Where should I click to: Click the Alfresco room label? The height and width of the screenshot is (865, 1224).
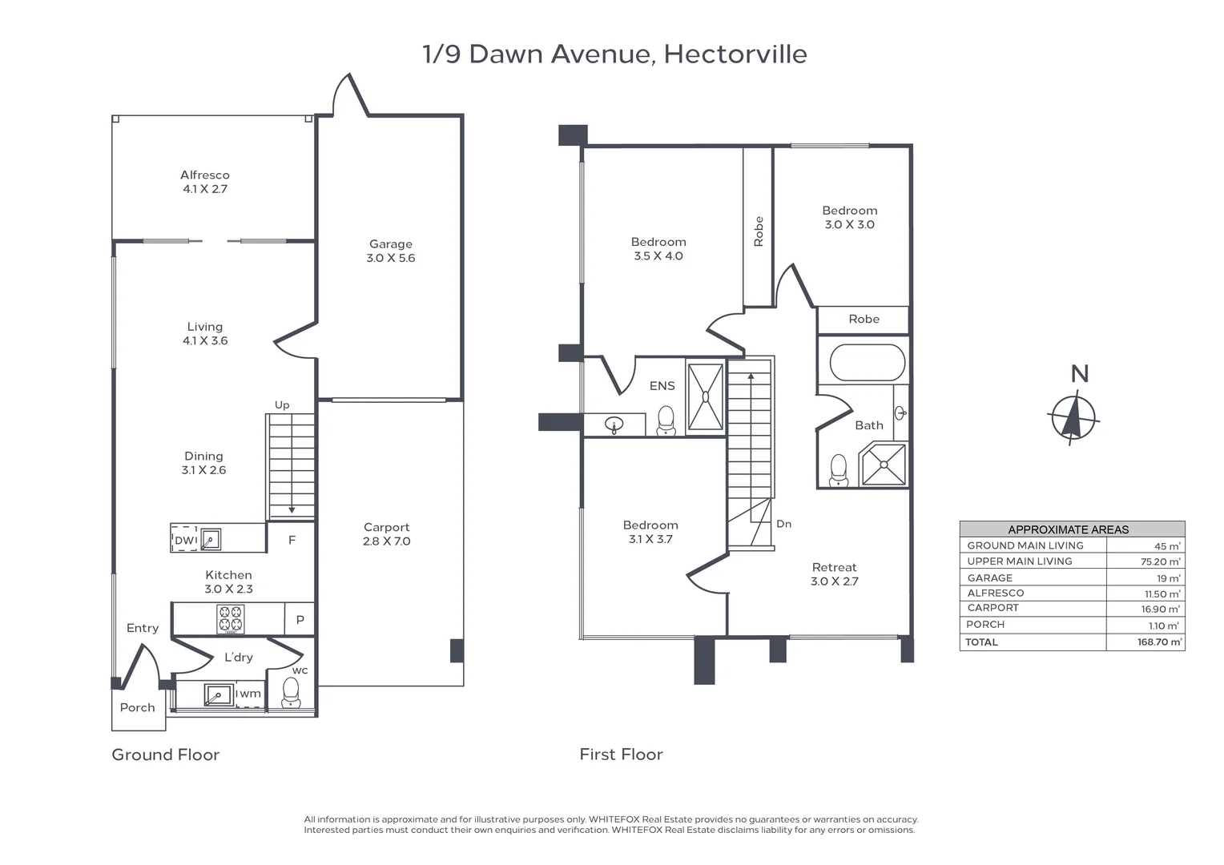coord(205,175)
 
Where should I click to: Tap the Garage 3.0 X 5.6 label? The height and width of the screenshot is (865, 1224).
coord(391,251)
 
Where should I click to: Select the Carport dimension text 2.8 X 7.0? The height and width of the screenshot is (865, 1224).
coord(386,541)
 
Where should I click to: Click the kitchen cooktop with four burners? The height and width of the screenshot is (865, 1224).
coord(231,619)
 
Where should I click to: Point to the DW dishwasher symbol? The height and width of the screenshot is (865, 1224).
coord(185,541)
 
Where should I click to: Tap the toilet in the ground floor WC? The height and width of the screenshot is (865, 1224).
coord(291,693)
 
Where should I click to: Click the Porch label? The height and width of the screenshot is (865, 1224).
coord(138,707)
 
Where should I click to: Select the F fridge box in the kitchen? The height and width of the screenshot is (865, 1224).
coord(292,541)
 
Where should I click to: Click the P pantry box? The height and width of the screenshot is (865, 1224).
coord(300,619)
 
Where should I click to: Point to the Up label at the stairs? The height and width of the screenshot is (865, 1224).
coord(282,405)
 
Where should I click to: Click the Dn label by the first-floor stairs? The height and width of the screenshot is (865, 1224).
coord(784,524)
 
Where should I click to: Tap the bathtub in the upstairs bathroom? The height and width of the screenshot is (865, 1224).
coord(868,363)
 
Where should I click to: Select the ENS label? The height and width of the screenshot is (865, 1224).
coord(662,386)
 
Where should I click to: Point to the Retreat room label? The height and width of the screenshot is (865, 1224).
coord(835,568)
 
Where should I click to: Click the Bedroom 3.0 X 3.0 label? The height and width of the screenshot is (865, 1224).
coord(850,218)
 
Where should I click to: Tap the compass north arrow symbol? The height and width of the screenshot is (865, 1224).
coord(1073,417)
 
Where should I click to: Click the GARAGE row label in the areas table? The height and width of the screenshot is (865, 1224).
coord(990,578)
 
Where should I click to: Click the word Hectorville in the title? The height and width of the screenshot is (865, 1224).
coord(735,54)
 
